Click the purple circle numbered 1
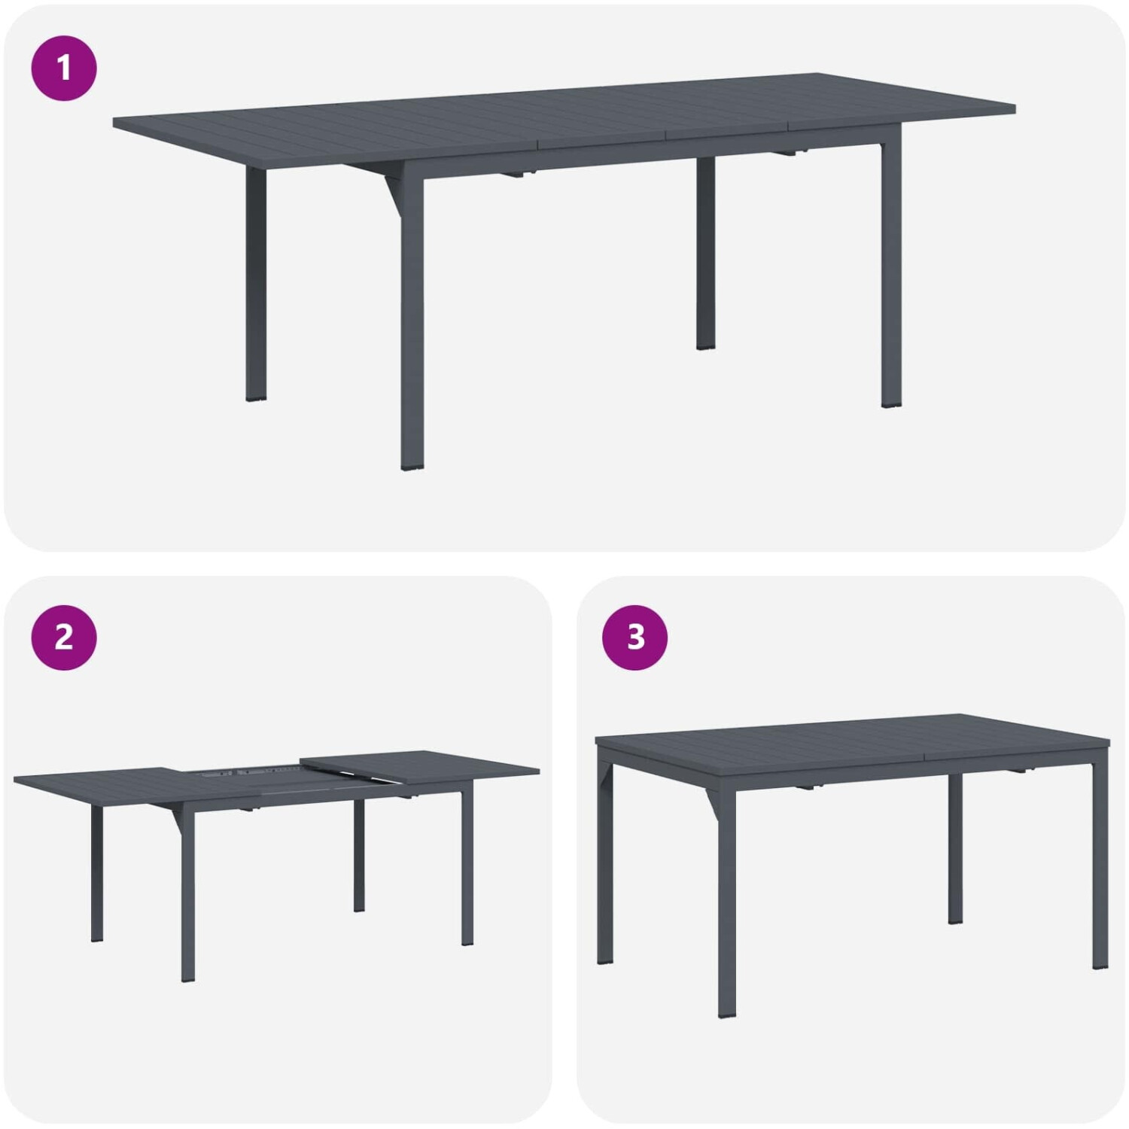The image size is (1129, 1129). coord(64,68)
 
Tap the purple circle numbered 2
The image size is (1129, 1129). coord(64,638)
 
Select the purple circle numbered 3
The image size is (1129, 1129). coord(635,638)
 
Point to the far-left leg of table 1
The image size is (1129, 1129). coord(256,283)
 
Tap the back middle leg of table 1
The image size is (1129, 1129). coord(705,252)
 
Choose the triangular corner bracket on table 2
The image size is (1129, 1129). coord(177,817)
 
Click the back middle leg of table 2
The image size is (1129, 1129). coord(359,856)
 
